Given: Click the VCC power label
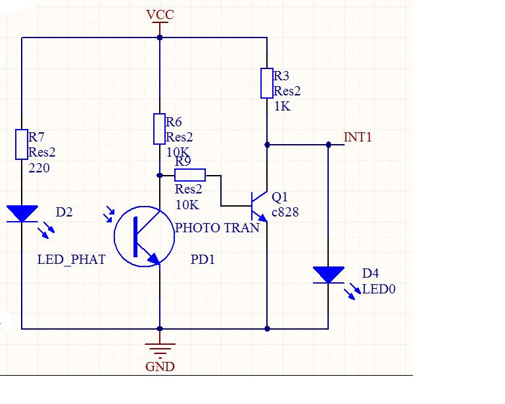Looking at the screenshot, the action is point(160,14).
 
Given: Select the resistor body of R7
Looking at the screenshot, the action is point(22,144).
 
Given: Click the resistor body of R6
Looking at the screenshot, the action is point(159,129).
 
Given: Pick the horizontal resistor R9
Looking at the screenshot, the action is point(190,175).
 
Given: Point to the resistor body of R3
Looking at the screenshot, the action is point(267,83).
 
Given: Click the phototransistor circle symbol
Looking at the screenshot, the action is point(144,236).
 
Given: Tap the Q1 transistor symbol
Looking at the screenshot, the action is point(260,206).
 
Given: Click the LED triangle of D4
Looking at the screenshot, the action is point(329,275).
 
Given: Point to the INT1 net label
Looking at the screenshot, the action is point(358,138).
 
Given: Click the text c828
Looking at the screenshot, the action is point(285,213).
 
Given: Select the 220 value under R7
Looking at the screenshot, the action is point(39,168).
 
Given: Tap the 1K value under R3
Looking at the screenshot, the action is point(283,107).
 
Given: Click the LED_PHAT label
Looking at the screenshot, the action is point(72,260).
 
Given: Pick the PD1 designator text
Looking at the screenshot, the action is point(203,259).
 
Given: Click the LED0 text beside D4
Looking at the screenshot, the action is point(379,290).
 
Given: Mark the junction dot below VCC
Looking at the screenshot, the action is point(160,38).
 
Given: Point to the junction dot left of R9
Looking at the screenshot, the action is point(160,175).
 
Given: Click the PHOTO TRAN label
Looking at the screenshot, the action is point(217,228).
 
